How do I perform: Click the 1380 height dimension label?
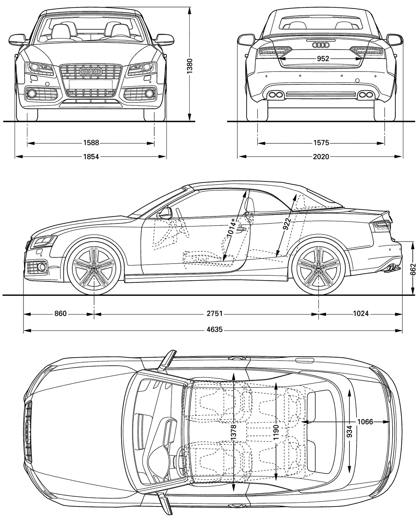coord(190,66)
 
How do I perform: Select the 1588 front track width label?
coord(91,143)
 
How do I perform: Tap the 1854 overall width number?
coord(91,156)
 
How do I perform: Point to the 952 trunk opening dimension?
coord(323,59)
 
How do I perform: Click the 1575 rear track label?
coord(321,143)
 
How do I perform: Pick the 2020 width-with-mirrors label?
coord(321,156)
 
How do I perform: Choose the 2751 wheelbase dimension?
coord(214,313)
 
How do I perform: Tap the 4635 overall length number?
coord(214,330)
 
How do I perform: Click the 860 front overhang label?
coord(60,313)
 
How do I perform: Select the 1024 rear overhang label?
coord(361,313)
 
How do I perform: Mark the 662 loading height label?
coord(413,269)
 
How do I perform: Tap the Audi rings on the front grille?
coord(91,71)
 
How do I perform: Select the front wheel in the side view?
coord(94,268)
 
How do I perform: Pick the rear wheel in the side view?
coord(318,268)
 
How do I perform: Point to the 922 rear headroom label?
coord(287,224)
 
